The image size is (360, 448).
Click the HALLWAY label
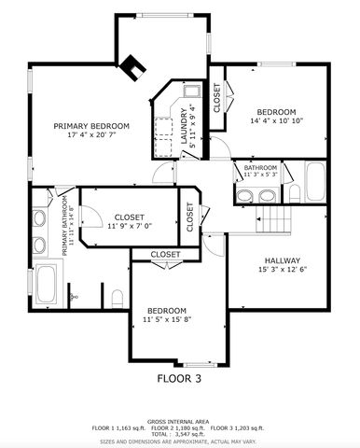click(x=281, y=260)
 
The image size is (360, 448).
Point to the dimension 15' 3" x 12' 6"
click(x=281, y=271)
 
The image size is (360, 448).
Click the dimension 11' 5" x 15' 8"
click(x=166, y=320)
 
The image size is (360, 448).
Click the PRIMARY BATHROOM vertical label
click(x=65, y=225)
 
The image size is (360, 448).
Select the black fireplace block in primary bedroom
click(x=134, y=66)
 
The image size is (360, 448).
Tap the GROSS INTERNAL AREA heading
click(x=179, y=420)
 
